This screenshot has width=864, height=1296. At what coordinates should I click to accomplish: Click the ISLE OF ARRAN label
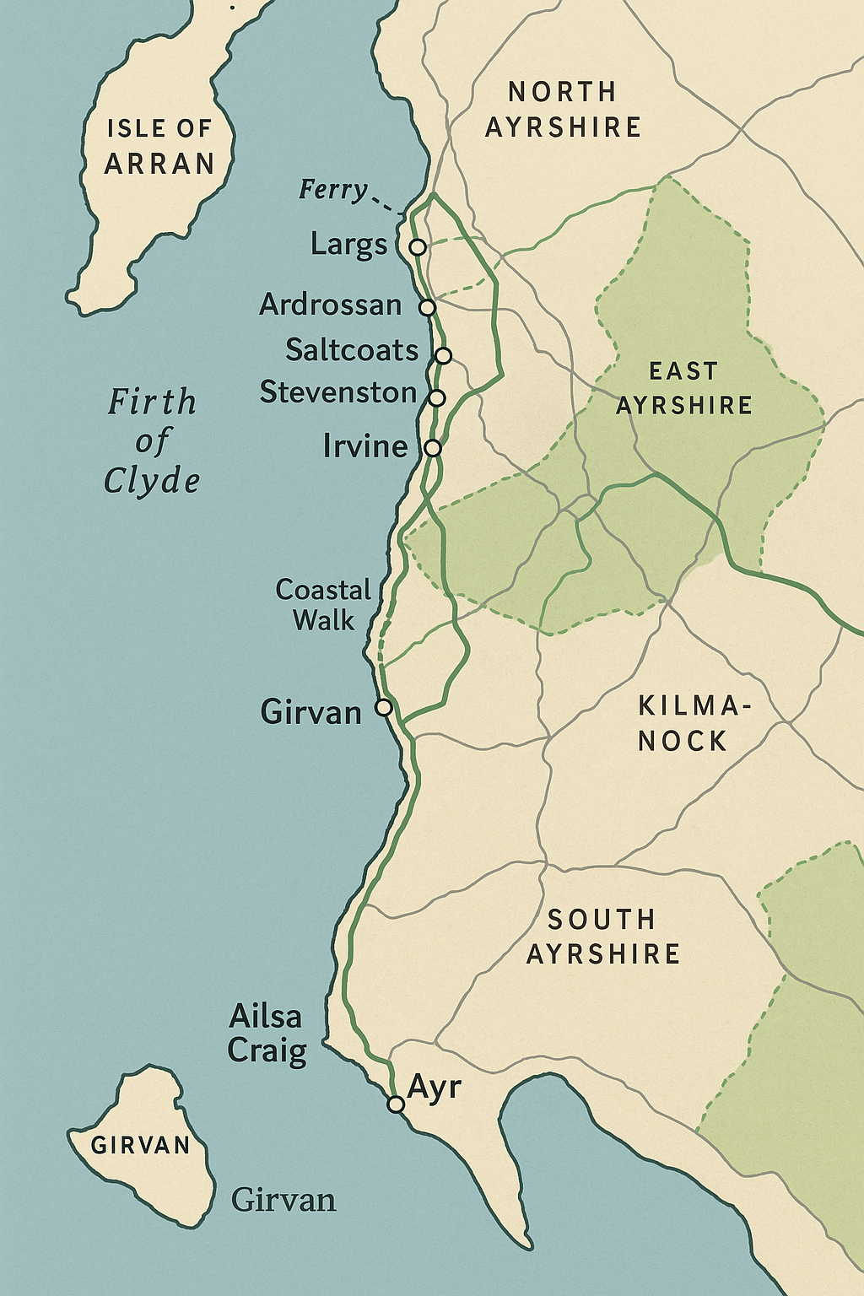coord(159,146)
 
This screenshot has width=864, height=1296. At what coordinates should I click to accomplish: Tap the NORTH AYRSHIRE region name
coord(563,110)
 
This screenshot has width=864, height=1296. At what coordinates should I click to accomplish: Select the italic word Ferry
coord(333,190)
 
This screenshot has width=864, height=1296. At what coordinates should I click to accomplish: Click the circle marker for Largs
coord(417,246)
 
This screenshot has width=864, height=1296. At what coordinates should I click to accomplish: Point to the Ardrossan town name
coord(331,305)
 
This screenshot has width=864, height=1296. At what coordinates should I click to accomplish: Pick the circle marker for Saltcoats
coord(444,355)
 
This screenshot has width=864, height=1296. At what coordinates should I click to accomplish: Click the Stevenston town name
coord(338,392)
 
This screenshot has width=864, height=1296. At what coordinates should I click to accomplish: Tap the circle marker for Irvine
coord(432,448)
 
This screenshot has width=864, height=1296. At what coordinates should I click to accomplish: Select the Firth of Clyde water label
coord(152,440)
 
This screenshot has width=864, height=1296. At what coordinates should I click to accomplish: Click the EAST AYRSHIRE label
coord(683,388)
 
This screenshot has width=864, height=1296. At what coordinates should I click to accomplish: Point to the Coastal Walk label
coord(323,605)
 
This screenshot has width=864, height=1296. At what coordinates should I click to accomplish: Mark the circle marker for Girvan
coord(383,707)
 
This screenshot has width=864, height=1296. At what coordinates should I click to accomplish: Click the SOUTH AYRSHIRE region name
coord(602,937)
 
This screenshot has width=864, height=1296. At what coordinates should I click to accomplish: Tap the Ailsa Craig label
coord(267,1034)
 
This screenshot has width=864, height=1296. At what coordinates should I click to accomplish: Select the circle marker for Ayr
coord(396,1104)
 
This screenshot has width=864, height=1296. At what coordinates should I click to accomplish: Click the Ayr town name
coord(434,1087)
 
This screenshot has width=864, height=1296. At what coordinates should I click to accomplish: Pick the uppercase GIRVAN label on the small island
coord(141,1145)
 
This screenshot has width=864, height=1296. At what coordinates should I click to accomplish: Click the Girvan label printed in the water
coord(283,1200)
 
